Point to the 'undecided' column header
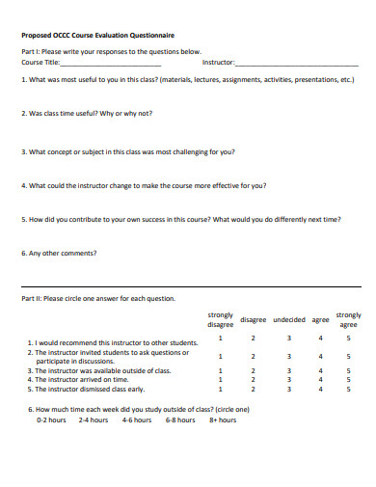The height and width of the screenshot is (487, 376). pyautogui.click(x=288, y=319)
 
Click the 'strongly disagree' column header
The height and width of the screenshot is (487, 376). pyautogui.click(x=220, y=319)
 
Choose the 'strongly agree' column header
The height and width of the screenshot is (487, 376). pyautogui.click(x=349, y=319)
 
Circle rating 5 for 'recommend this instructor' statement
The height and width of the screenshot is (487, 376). pyautogui.click(x=349, y=338)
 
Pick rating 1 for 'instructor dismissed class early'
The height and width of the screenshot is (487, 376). pyautogui.click(x=220, y=389)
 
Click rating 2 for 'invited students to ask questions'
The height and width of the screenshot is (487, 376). pyautogui.click(x=254, y=354)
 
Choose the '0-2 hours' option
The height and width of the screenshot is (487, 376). pyautogui.click(x=51, y=419)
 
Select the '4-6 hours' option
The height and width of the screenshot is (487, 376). pyautogui.click(x=136, y=419)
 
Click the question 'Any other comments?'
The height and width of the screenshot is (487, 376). pyautogui.click(x=59, y=254)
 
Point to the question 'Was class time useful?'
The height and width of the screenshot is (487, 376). pyautogui.click(x=86, y=113)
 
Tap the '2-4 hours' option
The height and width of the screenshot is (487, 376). pyautogui.click(x=94, y=419)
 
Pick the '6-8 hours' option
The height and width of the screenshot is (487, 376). pyautogui.click(x=180, y=419)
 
